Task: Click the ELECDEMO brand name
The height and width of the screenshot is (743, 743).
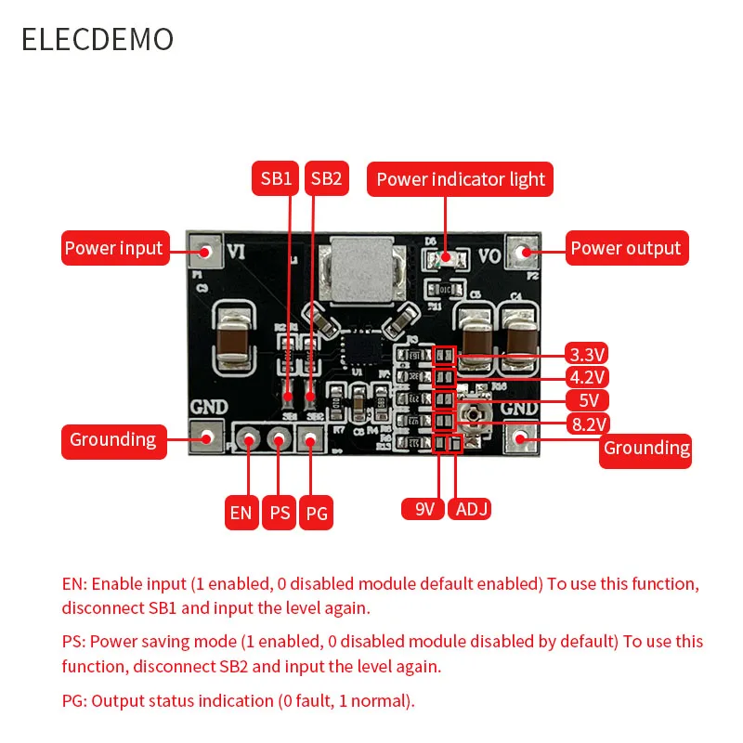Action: click(98, 39)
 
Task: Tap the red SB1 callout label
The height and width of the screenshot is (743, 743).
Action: click(275, 178)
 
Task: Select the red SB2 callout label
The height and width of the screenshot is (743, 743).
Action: click(327, 178)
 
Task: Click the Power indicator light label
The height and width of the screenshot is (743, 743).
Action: click(461, 178)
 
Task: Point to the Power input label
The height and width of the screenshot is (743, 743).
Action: click(113, 248)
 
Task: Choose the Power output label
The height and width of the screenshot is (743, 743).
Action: click(626, 248)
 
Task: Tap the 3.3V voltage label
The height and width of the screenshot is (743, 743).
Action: click(587, 354)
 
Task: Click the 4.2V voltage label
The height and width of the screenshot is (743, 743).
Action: click(587, 377)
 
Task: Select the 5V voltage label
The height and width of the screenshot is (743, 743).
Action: click(587, 401)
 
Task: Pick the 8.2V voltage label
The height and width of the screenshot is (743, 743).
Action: click(587, 424)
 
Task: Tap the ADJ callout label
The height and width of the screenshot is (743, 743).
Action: click(470, 509)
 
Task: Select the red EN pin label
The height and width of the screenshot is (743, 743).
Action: click(241, 513)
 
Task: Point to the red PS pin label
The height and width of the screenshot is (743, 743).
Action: click(279, 513)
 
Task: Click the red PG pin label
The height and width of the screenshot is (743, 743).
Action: click(317, 513)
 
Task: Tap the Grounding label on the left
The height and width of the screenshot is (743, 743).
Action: click(113, 439)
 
